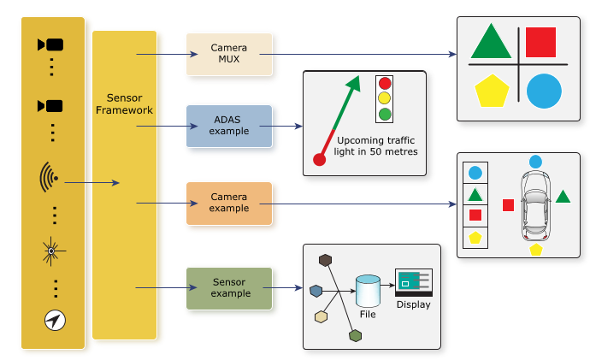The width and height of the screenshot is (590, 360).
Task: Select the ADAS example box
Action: coord(229,126)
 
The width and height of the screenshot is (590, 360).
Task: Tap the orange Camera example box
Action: coord(229,203)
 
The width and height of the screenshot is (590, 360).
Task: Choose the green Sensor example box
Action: coord(229,287)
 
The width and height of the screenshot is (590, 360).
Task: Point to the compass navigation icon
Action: coord(54,320)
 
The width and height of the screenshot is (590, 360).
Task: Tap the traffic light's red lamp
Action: coord(386,84)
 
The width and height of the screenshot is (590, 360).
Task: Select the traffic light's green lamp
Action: coord(386,114)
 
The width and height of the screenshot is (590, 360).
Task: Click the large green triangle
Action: coord(490,43)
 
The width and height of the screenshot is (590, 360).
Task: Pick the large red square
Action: coord(540,42)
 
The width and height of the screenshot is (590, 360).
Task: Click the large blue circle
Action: coord(544,91)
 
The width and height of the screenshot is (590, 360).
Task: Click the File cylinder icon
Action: coord(367,291)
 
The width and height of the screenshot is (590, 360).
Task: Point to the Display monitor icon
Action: coord(413,282)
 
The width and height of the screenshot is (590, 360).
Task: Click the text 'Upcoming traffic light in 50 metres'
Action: coord(376,145)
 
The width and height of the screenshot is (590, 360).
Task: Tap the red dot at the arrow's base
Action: coord(320,159)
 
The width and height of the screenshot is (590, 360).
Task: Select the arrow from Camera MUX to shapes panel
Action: coord(359,55)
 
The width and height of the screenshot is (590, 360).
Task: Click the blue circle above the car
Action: coord(535,162)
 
